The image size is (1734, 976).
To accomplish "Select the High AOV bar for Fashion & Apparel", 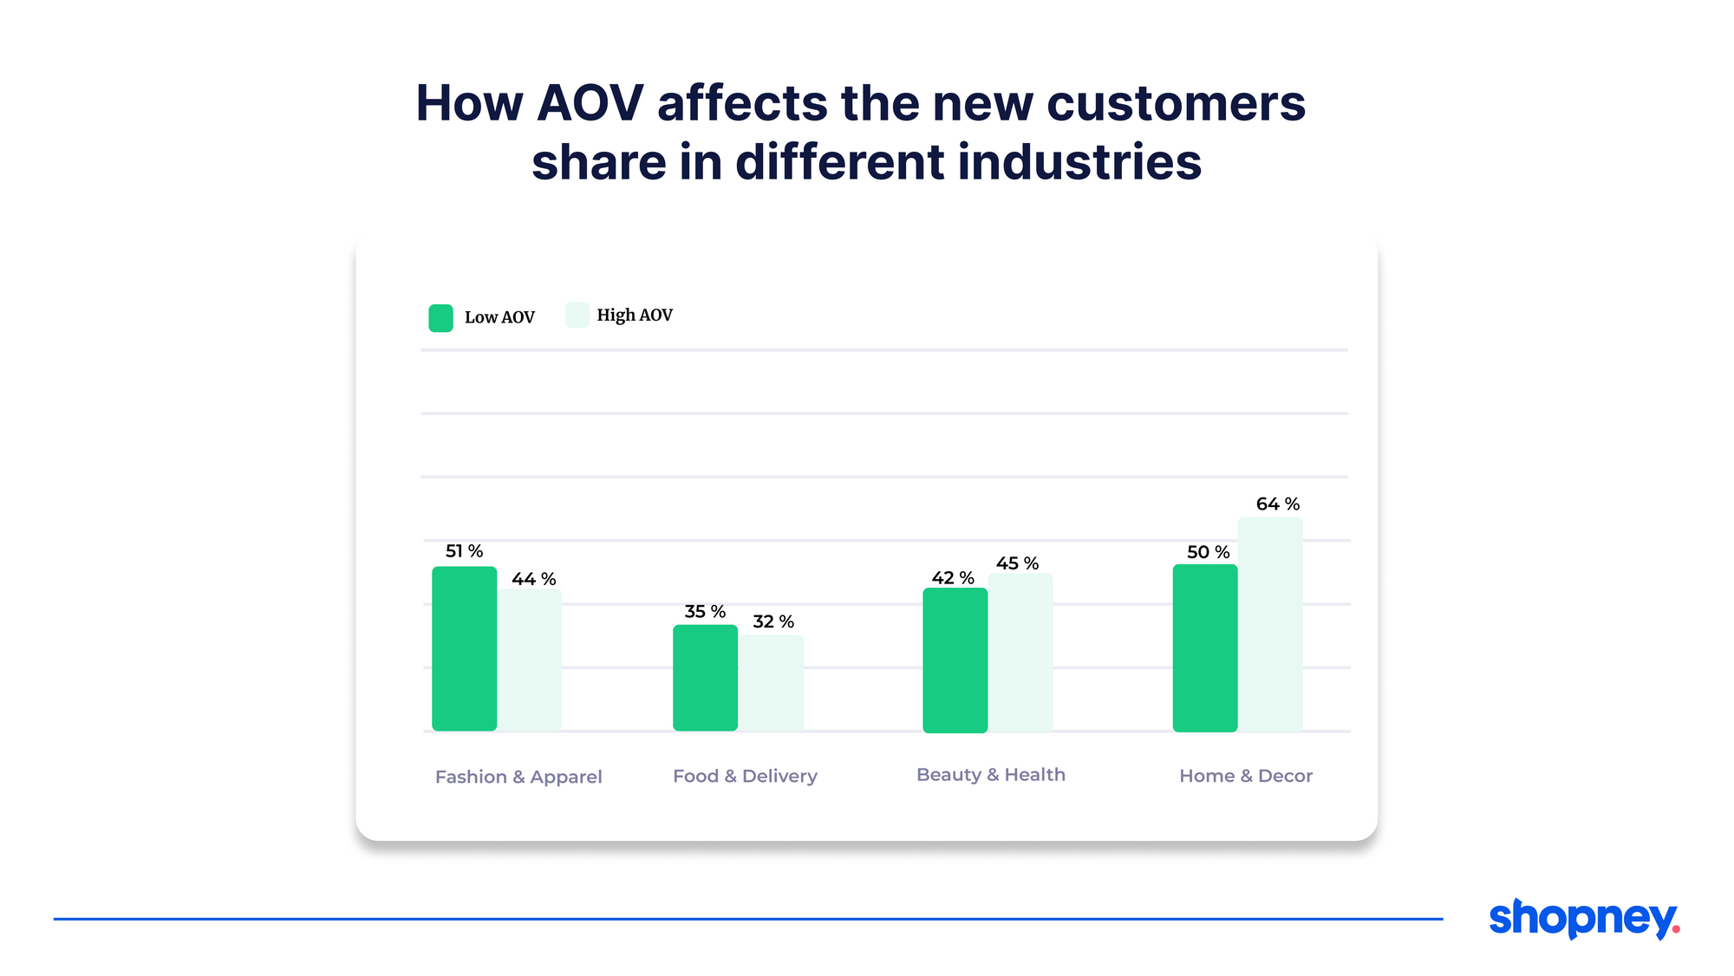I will (529, 660).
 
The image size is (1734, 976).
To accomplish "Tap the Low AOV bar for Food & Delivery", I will (705, 678).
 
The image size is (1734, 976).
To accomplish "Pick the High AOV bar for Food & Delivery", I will (771, 683).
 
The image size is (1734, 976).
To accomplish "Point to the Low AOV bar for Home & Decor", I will (1204, 648).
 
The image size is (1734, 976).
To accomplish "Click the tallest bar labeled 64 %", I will (1269, 624).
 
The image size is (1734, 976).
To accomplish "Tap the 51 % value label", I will (464, 551).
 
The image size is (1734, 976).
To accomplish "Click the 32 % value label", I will (772, 621).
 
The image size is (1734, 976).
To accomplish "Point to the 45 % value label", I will (1017, 563).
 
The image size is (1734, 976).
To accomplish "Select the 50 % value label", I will (1208, 552).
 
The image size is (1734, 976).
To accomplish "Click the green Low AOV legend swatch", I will (440, 318).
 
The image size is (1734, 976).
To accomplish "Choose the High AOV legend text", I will (634, 316).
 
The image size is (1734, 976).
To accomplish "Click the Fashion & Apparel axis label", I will (518, 777).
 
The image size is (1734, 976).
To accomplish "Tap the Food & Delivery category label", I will (745, 776).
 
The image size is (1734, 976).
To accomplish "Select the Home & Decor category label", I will (1245, 776).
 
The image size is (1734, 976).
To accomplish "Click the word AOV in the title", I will (590, 103).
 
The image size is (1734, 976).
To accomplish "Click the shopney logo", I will (1583, 918).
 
